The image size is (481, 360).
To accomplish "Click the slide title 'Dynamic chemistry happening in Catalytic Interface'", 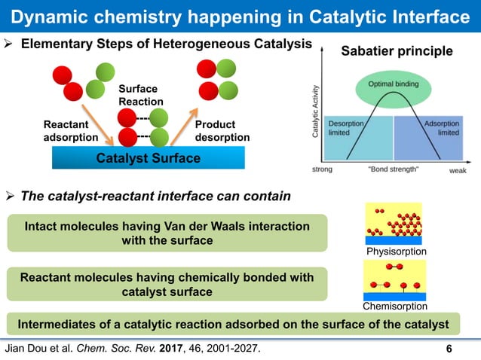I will coord(240,16).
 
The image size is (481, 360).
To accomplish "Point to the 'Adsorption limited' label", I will coord(441,127).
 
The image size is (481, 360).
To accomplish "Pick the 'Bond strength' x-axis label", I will coord(394,169).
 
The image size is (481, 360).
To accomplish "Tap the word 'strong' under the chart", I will coord(322,169).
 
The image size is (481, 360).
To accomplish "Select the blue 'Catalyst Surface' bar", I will coord(148,158).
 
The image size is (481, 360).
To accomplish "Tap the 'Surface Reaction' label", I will coord(141,95).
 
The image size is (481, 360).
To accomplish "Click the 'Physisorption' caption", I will coord(396,251).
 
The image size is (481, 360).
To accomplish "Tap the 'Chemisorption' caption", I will coord(396,307).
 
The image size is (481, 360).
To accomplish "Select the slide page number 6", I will coord(449,349).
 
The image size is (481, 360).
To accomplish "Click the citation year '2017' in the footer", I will coord(179,348).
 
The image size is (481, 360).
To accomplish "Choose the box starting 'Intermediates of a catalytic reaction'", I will coord(233,325).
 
